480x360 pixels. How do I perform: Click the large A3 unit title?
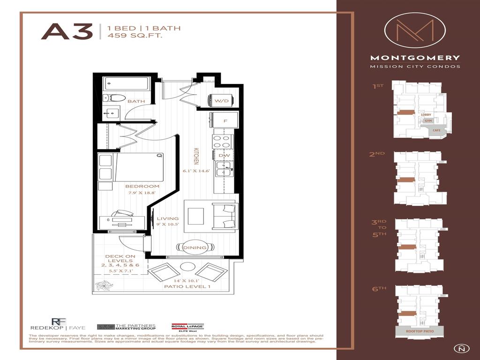(x=67, y=32)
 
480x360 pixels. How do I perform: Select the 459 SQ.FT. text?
(x=135, y=36)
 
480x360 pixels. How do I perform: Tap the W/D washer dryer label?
(x=221, y=101)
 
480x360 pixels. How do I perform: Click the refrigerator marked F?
(x=225, y=120)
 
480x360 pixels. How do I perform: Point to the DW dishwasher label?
(x=225, y=155)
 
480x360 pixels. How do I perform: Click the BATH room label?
(x=136, y=101)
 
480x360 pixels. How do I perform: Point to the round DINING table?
(x=195, y=247)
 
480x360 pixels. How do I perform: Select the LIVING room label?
(x=168, y=218)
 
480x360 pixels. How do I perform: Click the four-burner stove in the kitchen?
(x=224, y=141)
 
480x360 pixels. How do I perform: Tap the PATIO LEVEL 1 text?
(x=187, y=286)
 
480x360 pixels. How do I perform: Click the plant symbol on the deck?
(x=102, y=285)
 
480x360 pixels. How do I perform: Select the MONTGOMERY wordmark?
(x=415, y=58)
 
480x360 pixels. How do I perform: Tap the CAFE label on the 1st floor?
(x=436, y=130)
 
